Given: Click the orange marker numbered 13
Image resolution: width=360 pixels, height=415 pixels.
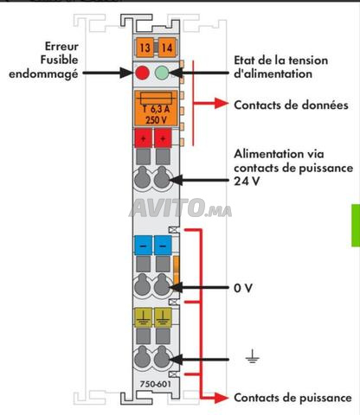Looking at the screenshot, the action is tap(145, 47).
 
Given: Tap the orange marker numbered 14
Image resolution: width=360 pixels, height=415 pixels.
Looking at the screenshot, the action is tap(167, 47).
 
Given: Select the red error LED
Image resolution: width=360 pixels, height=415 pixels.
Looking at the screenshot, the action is tap(142, 73).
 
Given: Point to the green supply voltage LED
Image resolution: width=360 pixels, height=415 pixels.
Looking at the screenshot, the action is tap(162, 73).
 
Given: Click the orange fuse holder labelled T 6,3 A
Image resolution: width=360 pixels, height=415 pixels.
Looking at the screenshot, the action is tap(156, 108).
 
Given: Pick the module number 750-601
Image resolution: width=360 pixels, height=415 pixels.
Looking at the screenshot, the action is tap(156, 384).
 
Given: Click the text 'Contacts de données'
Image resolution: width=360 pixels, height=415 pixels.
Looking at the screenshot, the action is tap(291, 105).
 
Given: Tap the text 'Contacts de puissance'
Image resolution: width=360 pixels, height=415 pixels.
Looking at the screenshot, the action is tap(292, 398).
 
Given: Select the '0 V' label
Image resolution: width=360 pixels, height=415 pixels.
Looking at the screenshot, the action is tap(243, 288).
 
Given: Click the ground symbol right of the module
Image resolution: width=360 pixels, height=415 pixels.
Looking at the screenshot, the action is tap(253, 357).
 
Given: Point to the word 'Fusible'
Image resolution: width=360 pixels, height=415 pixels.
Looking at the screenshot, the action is tap(59, 60).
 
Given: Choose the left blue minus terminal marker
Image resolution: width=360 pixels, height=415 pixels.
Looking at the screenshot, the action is tap(144, 246).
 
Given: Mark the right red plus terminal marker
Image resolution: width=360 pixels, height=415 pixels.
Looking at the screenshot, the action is tap(163, 138).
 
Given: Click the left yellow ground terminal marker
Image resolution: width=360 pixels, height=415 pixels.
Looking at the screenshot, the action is tap(144, 317).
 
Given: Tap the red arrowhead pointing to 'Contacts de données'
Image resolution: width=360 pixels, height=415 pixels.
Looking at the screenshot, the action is tap(222, 103).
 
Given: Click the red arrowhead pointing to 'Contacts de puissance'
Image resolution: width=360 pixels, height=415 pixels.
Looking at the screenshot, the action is tap(222, 399).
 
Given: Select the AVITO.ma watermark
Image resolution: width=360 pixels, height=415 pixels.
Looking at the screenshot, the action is tap(181, 207).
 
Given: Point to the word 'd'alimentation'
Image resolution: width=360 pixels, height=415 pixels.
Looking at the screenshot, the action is tap(273, 73).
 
